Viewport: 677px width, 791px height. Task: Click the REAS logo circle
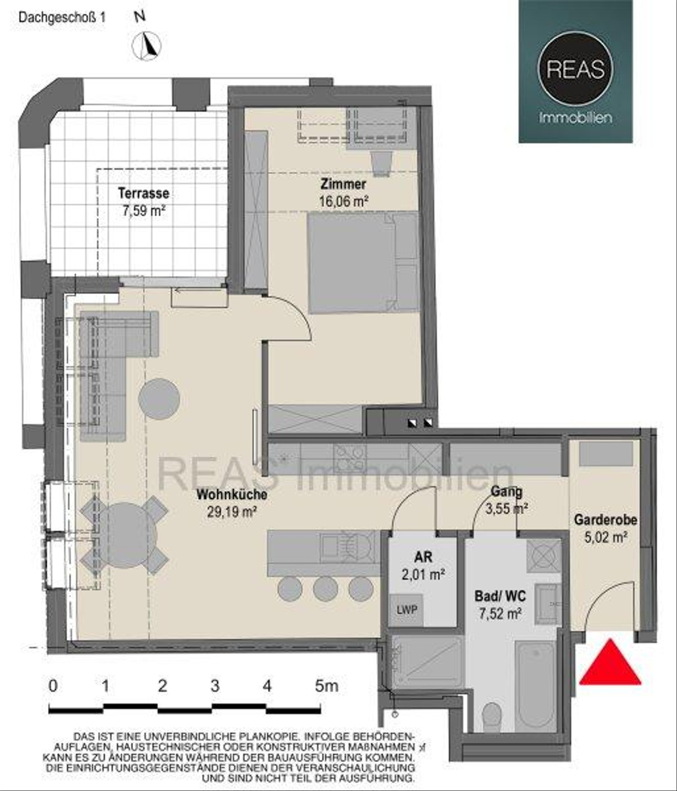[x=575, y=69]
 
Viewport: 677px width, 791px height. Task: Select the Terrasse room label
[x=143, y=193]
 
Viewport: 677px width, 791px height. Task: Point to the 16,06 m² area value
[x=344, y=201]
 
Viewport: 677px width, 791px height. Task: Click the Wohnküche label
[x=232, y=494]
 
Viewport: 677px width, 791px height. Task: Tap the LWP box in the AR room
[x=407, y=610]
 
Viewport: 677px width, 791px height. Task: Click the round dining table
[x=125, y=535]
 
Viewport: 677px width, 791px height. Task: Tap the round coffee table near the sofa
[x=159, y=399]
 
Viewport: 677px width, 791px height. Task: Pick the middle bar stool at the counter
[x=326, y=589]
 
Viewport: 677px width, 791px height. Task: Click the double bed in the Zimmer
[x=363, y=263]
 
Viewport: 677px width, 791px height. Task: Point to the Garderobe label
[x=605, y=519]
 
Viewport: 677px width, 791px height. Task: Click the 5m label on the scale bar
[x=327, y=686]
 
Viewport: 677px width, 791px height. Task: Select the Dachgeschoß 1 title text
[x=62, y=18]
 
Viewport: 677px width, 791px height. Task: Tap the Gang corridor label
[x=507, y=491]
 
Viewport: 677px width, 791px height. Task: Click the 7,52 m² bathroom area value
[x=500, y=614]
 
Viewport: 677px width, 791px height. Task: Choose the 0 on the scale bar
[x=53, y=686]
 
